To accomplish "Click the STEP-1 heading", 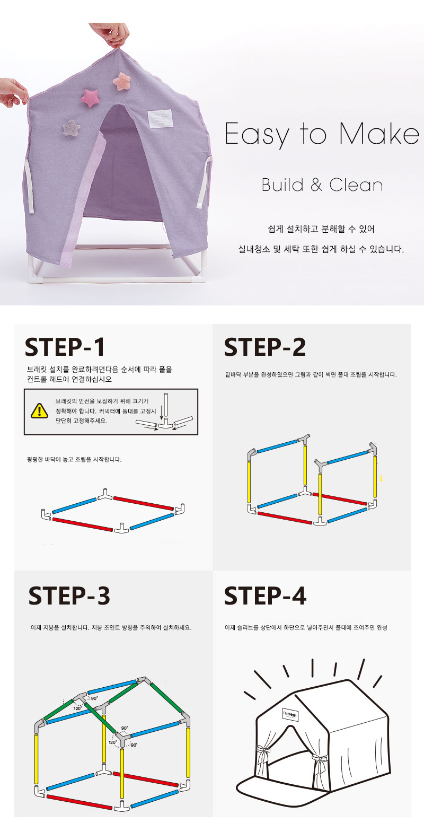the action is pos(65,347).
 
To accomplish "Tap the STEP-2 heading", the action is pos(264,347).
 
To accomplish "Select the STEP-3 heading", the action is pos(69,596).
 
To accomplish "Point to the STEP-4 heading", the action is pos(265,596).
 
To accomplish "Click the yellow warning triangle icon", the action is pos(39,411).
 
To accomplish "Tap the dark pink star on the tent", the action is pos(90,98).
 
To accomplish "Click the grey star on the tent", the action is pos(71,128).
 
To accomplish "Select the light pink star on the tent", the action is pos(121,81).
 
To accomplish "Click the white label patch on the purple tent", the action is pos(161,118).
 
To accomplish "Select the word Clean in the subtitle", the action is pos(356,185).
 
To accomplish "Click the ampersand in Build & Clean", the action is pos(316,185).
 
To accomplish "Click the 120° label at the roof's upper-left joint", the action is pos(77,708).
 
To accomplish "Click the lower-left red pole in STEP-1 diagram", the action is pos(83,524).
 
